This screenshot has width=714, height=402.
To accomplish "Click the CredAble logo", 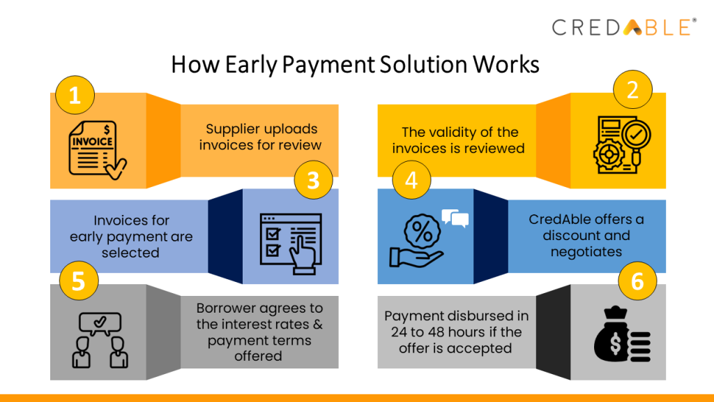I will [623, 27].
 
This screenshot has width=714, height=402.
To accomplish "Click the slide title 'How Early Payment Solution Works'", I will [356, 64].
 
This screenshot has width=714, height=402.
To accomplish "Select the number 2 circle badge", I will [632, 90].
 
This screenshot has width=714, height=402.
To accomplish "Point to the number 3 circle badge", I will [313, 181].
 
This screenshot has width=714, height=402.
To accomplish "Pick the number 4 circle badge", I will [411, 181].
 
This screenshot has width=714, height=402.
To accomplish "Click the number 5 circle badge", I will [78, 281].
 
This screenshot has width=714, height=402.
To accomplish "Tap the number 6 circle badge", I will [637, 282].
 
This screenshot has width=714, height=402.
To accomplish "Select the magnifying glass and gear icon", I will [618, 144].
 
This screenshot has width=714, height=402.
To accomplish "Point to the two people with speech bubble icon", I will [100, 340].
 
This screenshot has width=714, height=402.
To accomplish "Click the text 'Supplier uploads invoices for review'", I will [261, 137].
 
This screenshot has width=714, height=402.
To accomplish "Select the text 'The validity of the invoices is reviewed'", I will [458, 140].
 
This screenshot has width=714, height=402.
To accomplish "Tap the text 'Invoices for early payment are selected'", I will [131, 237].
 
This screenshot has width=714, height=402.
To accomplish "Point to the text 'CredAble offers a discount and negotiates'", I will [586, 236].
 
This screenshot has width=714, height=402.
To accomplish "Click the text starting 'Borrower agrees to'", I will [259, 332].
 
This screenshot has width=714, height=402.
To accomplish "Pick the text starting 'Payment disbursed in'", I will [456, 332].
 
